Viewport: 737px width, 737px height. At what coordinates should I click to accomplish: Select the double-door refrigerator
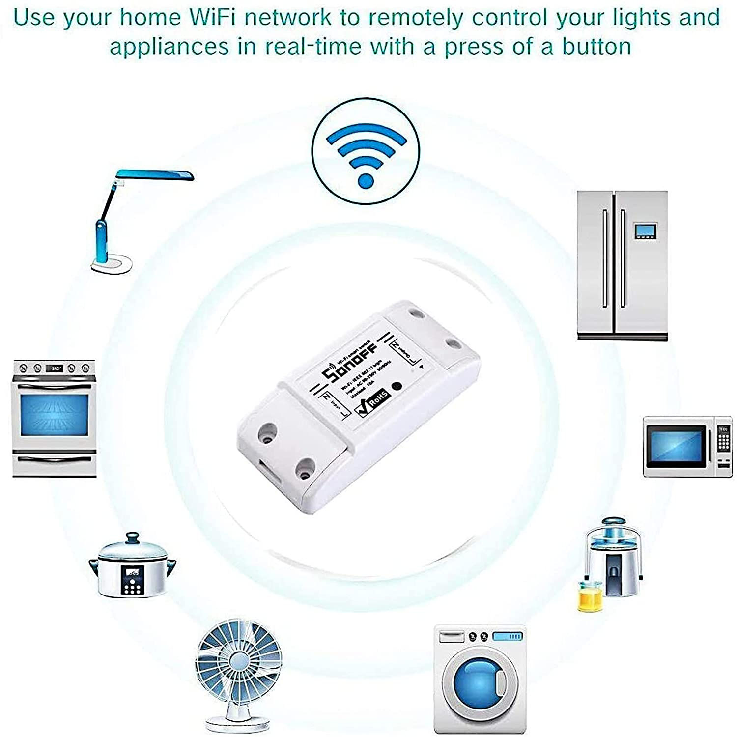[x=622, y=265]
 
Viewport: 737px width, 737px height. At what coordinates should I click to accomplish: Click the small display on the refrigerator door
[x=645, y=230]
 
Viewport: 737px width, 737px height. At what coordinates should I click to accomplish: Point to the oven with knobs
[x=54, y=418]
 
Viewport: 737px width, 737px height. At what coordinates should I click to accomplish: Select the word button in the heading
[x=596, y=47]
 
